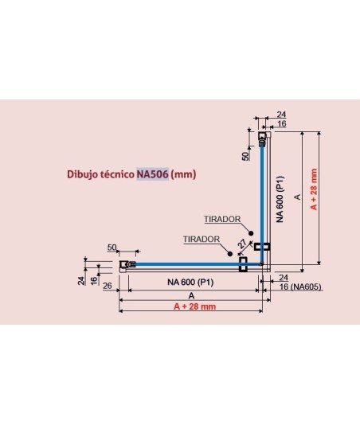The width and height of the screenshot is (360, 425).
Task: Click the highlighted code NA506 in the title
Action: [x=152, y=174]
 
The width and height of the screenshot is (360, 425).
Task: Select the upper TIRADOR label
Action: [x=222, y=219]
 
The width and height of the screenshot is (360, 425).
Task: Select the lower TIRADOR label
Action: [x=202, y=239]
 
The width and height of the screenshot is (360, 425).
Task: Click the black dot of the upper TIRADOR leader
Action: [x=251, y=233]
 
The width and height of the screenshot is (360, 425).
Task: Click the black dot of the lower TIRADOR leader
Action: [x=230, y=254]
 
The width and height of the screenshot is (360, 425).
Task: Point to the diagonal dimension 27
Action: [x=242, y=244]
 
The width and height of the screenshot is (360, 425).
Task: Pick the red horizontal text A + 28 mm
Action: [x=195, y=306]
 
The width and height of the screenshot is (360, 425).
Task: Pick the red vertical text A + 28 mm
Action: [x=313, y=189]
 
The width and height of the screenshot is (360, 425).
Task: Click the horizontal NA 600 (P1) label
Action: [x=190, y=283]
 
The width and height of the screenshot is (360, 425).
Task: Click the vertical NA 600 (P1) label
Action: [x=280, y=199]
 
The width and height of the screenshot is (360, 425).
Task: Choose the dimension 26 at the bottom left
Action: [x=108, y=286]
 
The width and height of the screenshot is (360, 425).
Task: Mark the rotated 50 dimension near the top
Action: [x=245, y=156]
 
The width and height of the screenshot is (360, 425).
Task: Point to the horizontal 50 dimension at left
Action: [x=112, y=248]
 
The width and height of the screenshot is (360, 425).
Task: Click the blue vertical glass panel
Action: [x=262, y=204]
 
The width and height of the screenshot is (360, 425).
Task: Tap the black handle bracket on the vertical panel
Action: [x=262, y=247]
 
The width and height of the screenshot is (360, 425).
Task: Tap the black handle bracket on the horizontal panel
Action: [x=243, y=264]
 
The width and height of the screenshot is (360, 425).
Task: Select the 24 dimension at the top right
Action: [x=281, y=115]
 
